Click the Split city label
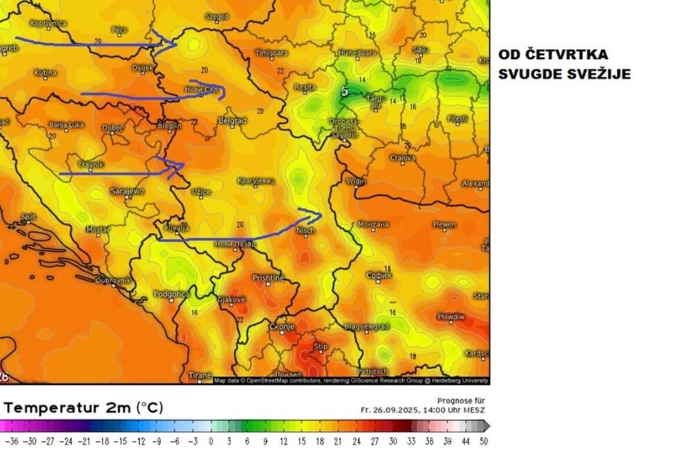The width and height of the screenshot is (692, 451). tap(28, 217)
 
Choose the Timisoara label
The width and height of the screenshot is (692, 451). tap(271, 53)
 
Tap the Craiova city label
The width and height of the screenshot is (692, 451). tap(402, 158)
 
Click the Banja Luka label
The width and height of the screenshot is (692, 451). tap(66, 125)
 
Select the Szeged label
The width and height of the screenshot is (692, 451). tap(217, 15)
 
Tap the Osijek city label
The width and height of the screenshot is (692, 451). tap(143, 67)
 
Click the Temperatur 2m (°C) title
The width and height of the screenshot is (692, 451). tap(83, 407)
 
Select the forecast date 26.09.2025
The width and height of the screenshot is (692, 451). tap(408, 409)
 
